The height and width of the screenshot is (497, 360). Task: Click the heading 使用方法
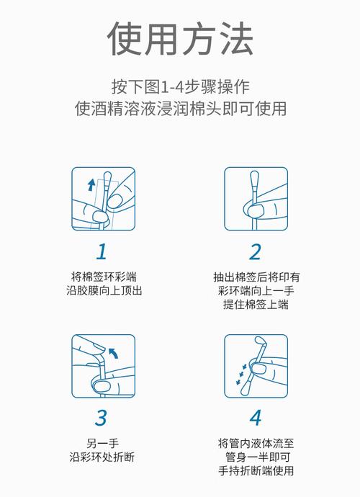[180, 40]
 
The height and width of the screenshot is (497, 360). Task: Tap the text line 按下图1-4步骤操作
[180, 87]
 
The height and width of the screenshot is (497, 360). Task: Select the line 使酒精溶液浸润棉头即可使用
[180, 110]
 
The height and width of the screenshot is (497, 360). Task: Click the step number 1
[102, 251]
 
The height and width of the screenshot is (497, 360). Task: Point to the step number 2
[256, 251]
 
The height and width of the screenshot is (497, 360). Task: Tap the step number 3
[102, 417]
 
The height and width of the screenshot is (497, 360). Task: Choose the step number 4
[256, 417]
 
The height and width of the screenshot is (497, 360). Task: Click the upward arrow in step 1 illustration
[91, 185]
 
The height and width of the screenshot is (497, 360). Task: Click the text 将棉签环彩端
[103, 277]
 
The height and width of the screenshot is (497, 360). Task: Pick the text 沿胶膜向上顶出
[103, 291]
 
